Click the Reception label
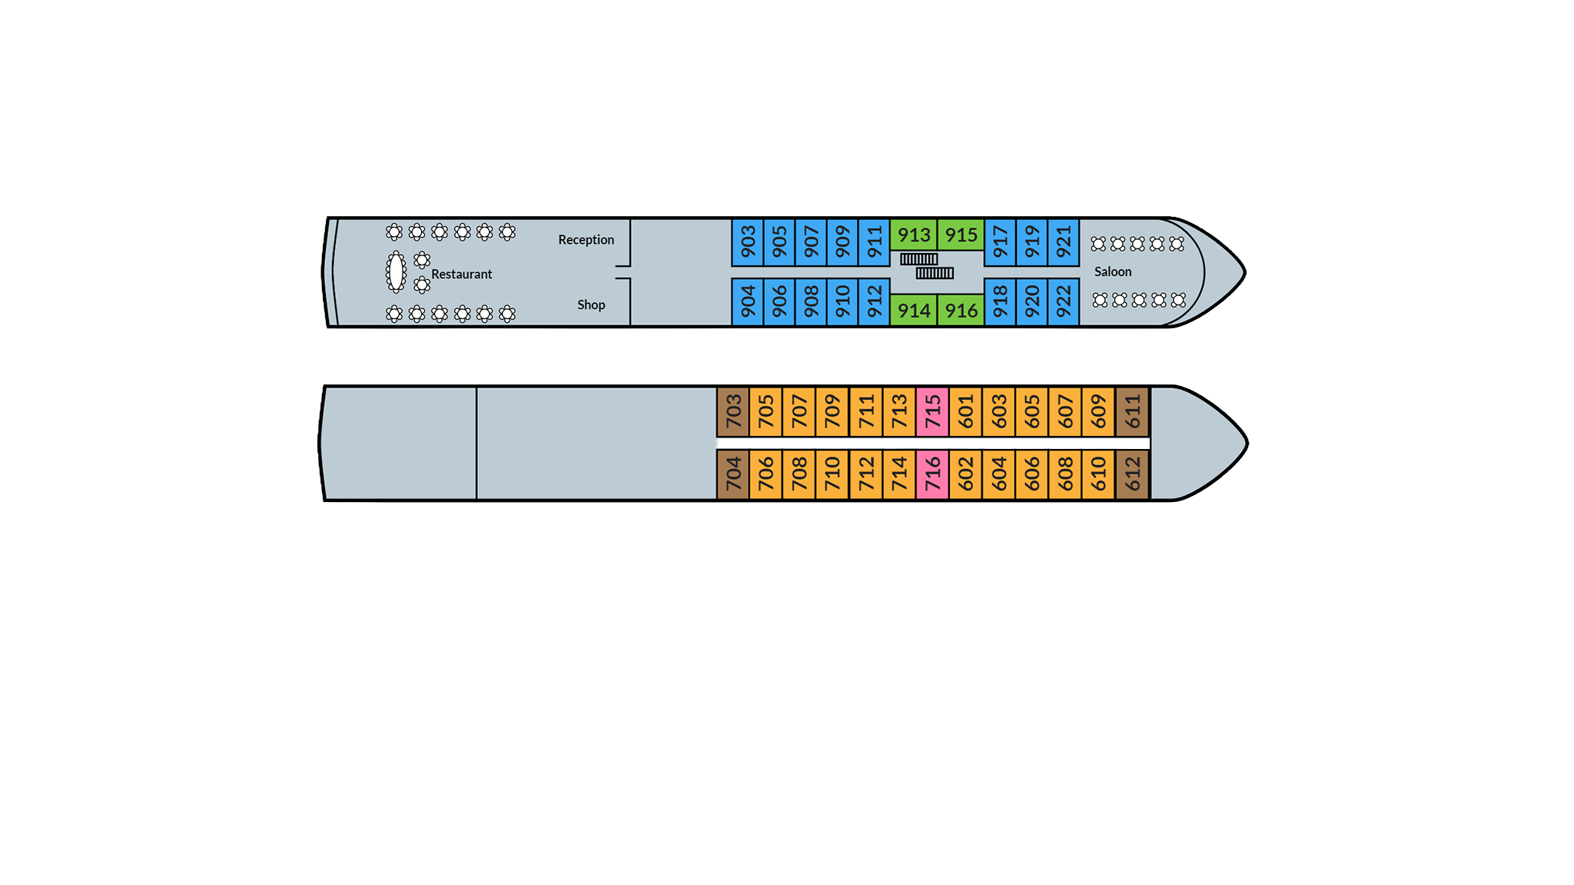[586, 240]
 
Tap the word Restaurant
[461, 274]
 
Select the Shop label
[591, 305]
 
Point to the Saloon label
[1112, 272]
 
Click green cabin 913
[914, 235]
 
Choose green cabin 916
[961, 311]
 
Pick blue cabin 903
[748, 242]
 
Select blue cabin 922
[1064, 302]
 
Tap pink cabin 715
[932, 411]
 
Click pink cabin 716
[932, 474]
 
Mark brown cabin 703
[733, 411]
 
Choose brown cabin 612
[1132, 474]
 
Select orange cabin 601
[965, 411]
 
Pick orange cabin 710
[832, 474]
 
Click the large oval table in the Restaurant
[396, 271]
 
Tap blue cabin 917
[1000, 242]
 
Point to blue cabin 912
[874, 302]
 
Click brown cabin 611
[1132, 411]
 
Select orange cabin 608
[1065, 474]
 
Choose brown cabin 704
[733, 474]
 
